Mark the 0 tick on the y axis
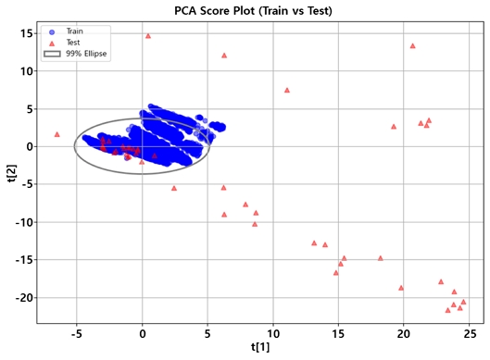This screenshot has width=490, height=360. point(29,146)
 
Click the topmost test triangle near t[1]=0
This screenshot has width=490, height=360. point(148,36)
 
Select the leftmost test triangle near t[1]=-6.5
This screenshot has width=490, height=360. point(57,134)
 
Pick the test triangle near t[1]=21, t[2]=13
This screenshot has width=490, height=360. point(413,45)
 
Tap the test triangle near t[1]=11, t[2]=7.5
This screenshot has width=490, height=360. point(287,91)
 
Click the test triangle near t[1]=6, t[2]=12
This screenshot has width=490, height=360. point(224,56)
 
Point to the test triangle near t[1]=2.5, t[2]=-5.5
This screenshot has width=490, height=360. point(174,188)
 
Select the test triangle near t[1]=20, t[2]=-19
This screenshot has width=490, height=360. point(401,288)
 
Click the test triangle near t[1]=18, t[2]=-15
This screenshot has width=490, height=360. point(381,258)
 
